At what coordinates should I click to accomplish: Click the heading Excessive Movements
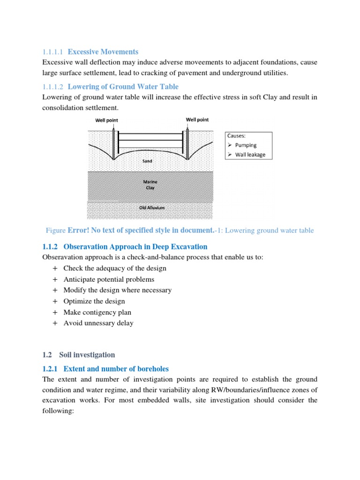(103, 52)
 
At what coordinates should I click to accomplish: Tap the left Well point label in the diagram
(107, 120)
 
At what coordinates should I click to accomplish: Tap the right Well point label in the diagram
(197, 120)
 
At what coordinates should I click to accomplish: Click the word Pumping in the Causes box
(246, 145)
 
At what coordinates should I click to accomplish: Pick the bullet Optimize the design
(94, 301)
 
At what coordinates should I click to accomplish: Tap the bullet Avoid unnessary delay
(98, 323)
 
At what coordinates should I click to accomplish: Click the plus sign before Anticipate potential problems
(55, 279)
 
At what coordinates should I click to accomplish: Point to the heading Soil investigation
(87, 355)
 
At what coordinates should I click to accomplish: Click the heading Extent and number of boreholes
(116, 369)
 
